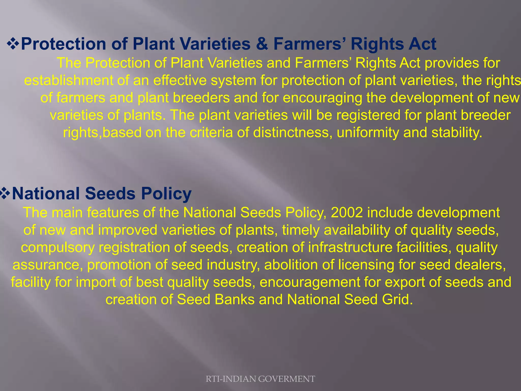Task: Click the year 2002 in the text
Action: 346,213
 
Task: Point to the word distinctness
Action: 293,133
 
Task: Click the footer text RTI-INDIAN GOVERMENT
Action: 260,379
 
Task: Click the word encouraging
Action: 322,98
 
